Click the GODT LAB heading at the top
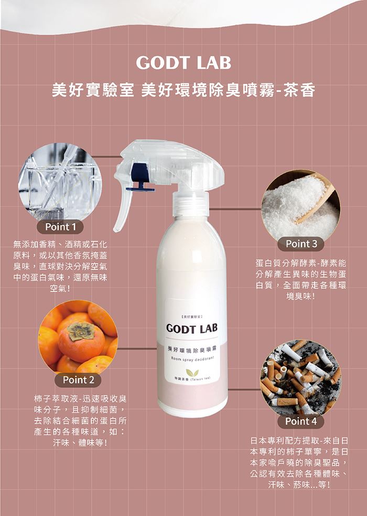[x=183, y=62]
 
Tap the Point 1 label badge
[x=60, y=227]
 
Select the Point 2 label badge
[x=78, y=380]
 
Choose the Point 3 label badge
[x=301, y=244]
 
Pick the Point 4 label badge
[x=300, y=421]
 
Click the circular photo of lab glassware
[x=60, y=183]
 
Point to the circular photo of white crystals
[x=300, y=206]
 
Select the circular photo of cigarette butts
[x=300, y=379]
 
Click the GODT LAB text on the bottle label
[x=192, y=329]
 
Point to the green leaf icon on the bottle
[x=192, y=372]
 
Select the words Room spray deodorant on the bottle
[x=192, y=358]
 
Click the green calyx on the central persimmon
[x=81, y=330]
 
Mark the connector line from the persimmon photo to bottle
[x=137, y=349]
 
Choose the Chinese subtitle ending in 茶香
[x=183, y=90]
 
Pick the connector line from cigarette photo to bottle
[x=244, y=390]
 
